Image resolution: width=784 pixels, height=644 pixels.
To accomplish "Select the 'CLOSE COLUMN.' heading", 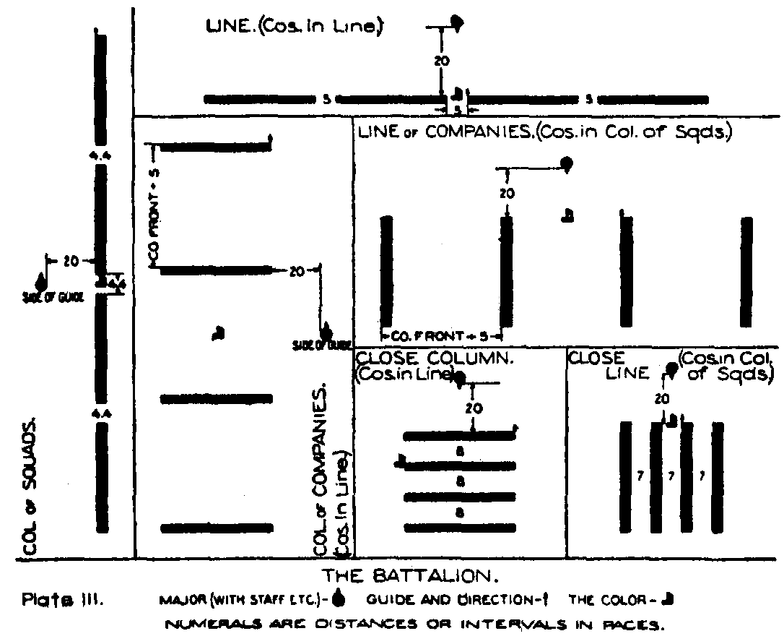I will coord(436,357).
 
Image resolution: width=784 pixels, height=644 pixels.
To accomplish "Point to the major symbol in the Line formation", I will coord(456,22).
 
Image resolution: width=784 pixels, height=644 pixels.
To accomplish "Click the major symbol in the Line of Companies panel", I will coord(567,164).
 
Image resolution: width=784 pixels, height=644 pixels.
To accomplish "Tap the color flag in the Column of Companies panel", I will coord(219,332).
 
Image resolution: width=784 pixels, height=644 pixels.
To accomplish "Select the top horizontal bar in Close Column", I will coord(459,436).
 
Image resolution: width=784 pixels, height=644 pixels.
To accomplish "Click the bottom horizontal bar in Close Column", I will coord(459,528).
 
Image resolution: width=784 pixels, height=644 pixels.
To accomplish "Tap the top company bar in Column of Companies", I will coord(215,147).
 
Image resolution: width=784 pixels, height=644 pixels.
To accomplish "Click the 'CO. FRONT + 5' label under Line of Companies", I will coord(440,336).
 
